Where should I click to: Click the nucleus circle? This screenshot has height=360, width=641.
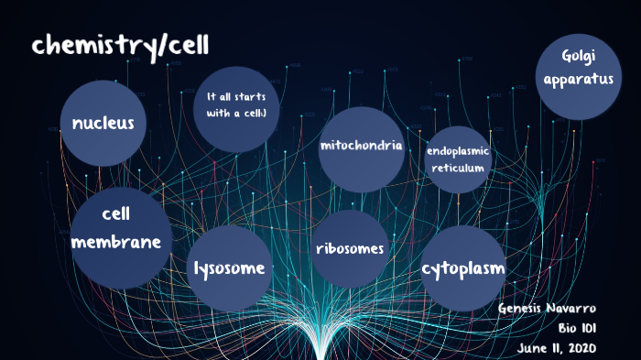103,123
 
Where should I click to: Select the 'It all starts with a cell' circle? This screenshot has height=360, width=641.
236,108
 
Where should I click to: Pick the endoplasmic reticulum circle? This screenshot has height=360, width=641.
458,159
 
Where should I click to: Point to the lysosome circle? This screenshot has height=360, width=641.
229,267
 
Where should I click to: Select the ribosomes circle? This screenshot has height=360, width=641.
349,249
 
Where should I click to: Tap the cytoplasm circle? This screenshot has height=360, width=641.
463,267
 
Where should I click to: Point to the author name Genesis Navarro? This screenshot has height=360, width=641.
547,308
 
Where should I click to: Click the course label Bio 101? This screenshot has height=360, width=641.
577,328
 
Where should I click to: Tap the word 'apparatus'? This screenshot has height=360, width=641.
578,79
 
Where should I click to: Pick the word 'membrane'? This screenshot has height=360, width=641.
122,243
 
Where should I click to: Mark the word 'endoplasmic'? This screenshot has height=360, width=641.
458,150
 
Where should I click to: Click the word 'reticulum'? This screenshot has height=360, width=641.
458,168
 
